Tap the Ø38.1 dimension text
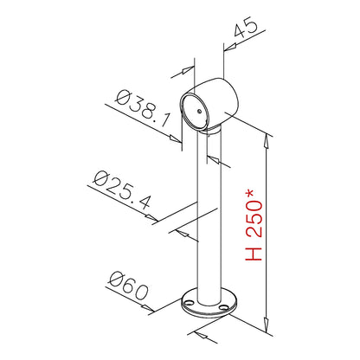click(x=142, y=107)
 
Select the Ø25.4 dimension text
click(x=122, y=190)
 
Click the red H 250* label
click(x=254, y=225)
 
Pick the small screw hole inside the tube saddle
click(x=199, y=111)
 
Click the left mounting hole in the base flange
click(x=190, y=302)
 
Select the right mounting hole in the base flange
click(x=222, y=307)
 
